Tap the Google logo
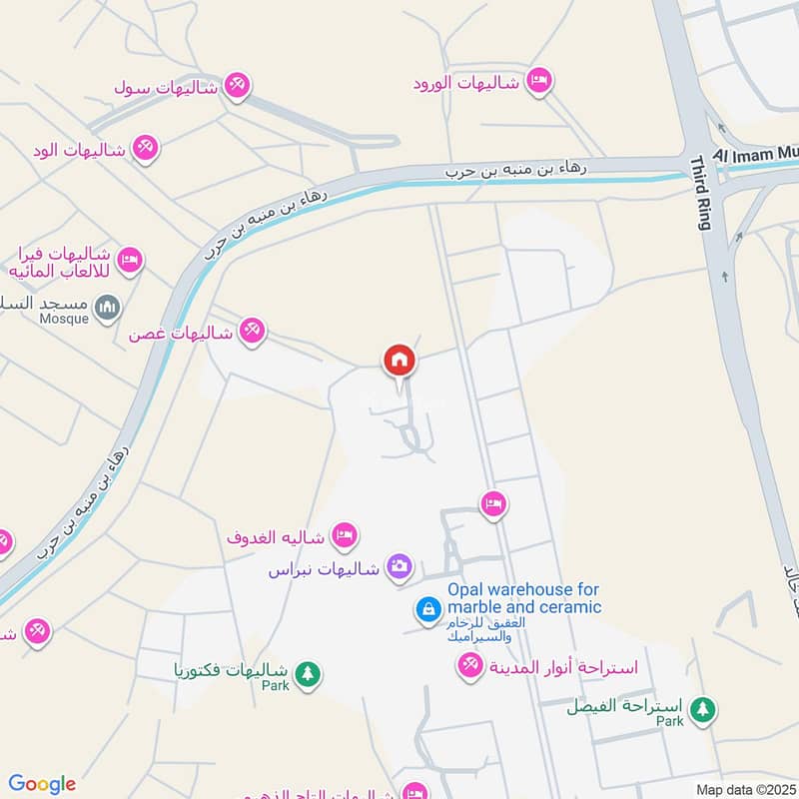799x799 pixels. (x=42, y=784)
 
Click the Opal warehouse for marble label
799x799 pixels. (x=523, y=598)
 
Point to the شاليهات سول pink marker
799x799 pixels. (x=236, y=85)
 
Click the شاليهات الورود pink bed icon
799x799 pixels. (x=538, y=81)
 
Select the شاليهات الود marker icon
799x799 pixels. (x=146, y=149)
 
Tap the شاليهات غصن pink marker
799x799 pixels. (x=253, y=333)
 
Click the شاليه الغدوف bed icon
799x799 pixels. (x=344, y=536)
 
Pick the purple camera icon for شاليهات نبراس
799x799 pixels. (x=399, y=567)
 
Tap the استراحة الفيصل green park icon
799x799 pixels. (x=704, y=710)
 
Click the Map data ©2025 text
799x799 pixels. (x=744, y=789)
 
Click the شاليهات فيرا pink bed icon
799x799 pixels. (x=129, y=262)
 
